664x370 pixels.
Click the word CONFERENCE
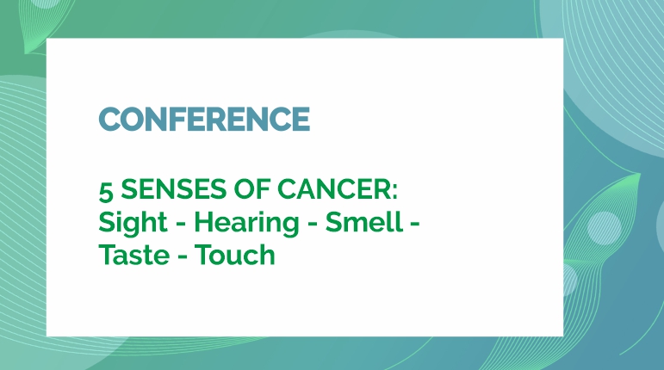[x=204, y=119]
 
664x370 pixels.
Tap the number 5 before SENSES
[x=106, y=190]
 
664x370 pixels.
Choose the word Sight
[x=133, y=223]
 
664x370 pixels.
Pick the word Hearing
[x=246, y=223]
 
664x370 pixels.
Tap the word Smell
[x=363, y=222]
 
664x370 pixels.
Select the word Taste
[x=133, y=255]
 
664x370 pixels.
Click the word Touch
[x=235, y=255]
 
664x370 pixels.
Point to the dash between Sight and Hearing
[x=181, y=224]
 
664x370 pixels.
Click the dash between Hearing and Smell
[x=312, y=224]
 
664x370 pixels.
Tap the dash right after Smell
[x=414, y=224]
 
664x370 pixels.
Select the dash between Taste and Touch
[x=183, y=257]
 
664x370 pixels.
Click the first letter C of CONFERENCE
[x=109, y=119]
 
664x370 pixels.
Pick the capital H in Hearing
[x=204, y=222]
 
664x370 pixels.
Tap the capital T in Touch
[x=204, y=255]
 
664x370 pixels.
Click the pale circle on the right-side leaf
[x=604, y=228]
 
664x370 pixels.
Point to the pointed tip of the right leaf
[x=640, y=173]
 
